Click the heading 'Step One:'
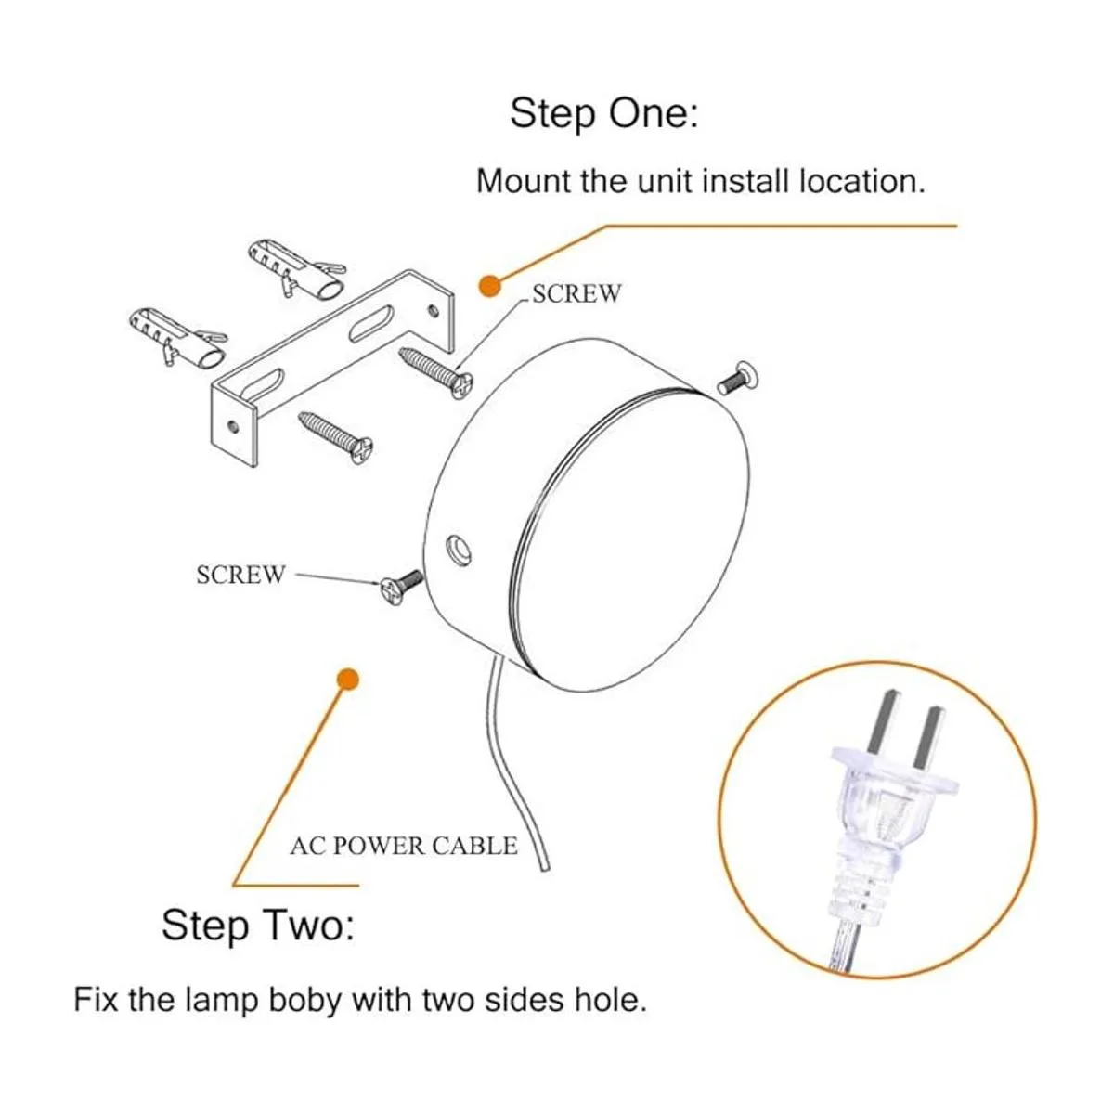pyautogui.click(x=603, y=113)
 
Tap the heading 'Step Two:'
pyautogui.click(x=258, y=925)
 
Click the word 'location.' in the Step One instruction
pyautogui.click(x=861, y=182)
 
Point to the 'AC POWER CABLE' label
pyautogui.click(x=404, y=847)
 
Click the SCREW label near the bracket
pyautogui.click(x=576, y=293)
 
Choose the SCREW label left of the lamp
pyautogui.click(x=240, y=575)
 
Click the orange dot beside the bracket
pyautogui.click(x=490, y=287)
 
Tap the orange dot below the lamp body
pyautogui.click(x=347, y=680)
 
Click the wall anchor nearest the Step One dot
pyautogui.click(x=296, y=268)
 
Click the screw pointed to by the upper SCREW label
pyautogui.click(x=436, y=373)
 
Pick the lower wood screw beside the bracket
pyautogui.click(x=335, y=437)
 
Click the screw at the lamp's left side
pyautogui.click(x=401, y=586)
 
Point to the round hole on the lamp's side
pyautogui.click(x=459, y=549)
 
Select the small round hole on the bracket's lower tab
pyautogui.click(x=233, y=427)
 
